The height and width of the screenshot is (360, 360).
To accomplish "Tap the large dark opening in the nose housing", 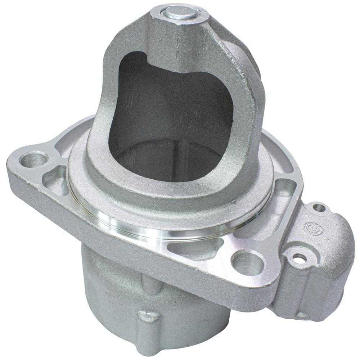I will point(169,119).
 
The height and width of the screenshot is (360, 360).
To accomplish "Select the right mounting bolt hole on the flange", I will point(248,262).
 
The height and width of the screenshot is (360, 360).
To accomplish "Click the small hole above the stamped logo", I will point(319,208).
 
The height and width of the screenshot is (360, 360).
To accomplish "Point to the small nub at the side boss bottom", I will point(302,315).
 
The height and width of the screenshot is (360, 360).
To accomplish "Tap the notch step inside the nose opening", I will point(144,59).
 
